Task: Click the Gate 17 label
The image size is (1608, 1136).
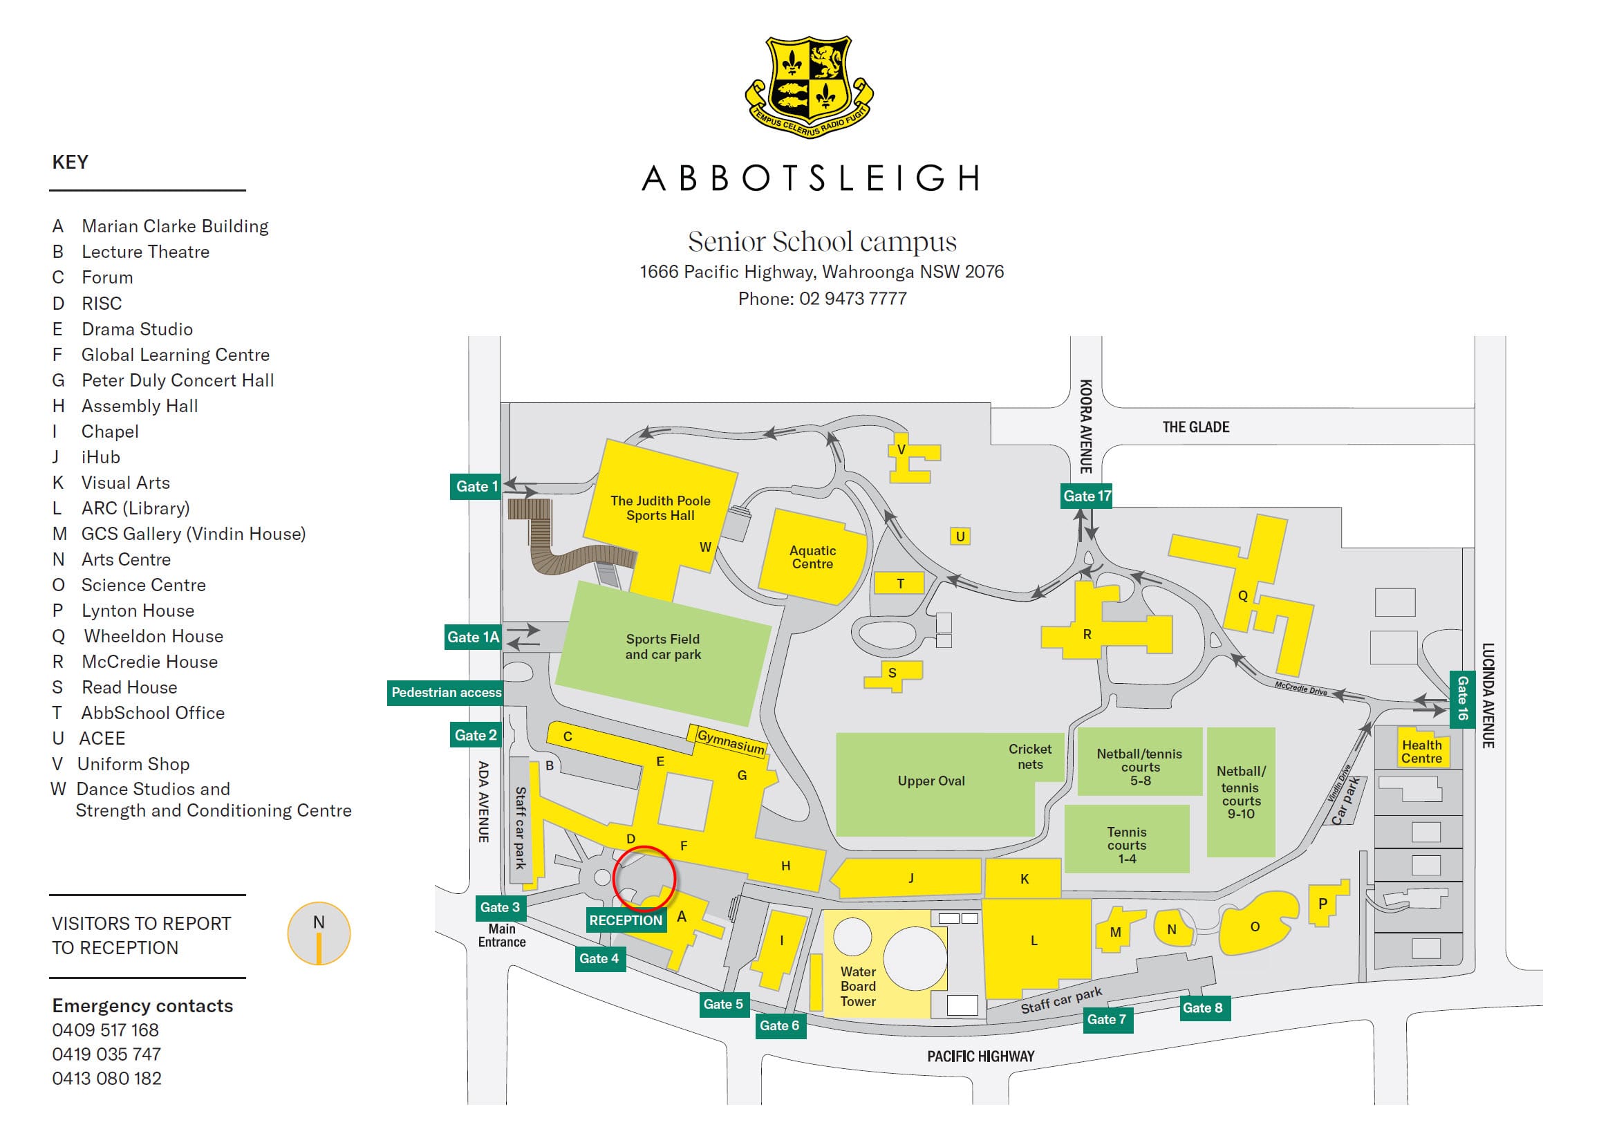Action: pos(1086,496)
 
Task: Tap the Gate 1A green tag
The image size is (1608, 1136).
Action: pos(474,637)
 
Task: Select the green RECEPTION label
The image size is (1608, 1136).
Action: pos(626,920)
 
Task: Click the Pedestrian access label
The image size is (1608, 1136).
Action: pos(446,692)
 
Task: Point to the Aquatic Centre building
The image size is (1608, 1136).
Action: pos(812,557)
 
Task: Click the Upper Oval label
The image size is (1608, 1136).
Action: pos(931,781)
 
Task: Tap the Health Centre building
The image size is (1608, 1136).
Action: pos(1421,752)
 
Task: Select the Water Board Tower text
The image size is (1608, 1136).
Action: pos(858,986)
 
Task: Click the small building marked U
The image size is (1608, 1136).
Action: pos(960,537)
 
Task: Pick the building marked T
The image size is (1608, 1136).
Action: pos(899,583)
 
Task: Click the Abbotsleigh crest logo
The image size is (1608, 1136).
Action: pos(809,87)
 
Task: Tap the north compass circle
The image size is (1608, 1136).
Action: pos(319,933)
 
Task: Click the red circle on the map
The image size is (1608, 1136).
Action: pos(644,878)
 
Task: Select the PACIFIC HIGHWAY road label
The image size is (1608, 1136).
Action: pos(980,1056)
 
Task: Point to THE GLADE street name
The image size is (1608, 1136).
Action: pos(1195,427)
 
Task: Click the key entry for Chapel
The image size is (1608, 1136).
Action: pos(109,431)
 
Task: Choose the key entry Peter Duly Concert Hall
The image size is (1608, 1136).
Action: pos(177,380)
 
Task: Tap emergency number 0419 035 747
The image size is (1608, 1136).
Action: pos(106,1054)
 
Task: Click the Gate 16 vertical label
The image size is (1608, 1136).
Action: pos(1461,698)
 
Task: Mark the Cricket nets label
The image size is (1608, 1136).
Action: pos(1029,756)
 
